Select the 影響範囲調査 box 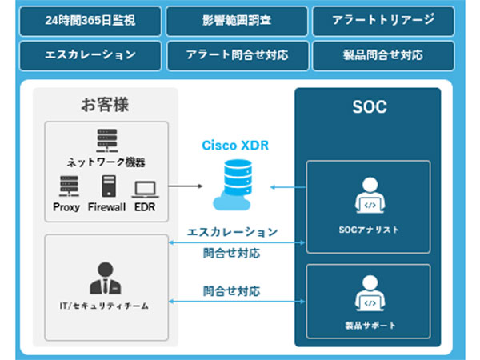(237, 21)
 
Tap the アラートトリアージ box (383, 21)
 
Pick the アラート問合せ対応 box (237, 55)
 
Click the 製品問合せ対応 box (383, 55)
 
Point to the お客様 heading (105, 104)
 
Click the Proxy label (67, 207)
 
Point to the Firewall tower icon (107, 186)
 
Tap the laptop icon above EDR (145, 189)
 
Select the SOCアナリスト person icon (369, 196)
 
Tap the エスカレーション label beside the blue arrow (232, 232)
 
